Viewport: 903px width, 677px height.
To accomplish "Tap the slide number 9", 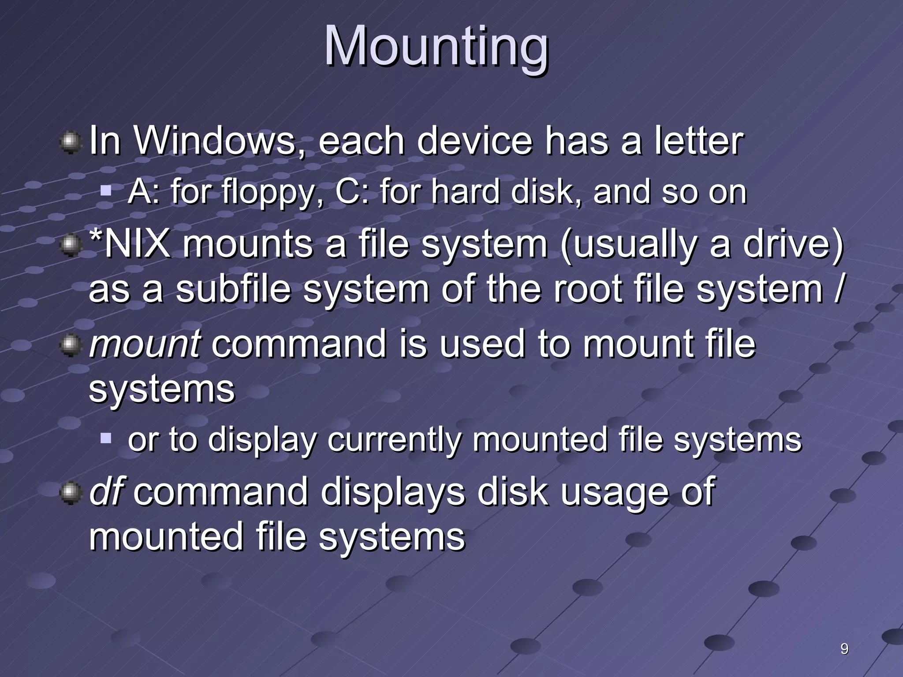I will coord(844,649).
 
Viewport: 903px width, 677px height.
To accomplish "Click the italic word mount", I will coord(145,344).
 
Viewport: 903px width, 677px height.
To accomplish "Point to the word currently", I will coord(394,439).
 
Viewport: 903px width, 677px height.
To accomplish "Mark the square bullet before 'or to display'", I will coord(106,438).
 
